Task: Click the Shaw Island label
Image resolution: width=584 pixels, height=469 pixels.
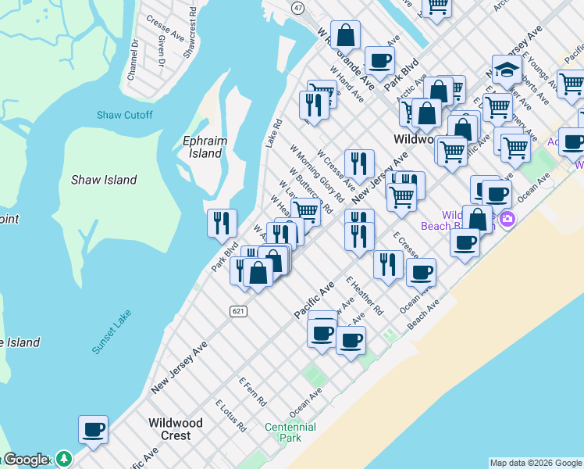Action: click(x=104, y=180)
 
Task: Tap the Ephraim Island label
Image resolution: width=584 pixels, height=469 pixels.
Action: click(x=202, y=148)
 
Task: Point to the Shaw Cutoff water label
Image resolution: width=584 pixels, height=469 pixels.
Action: click(x=125, y=115)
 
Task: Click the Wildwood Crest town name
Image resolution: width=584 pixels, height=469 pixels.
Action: click(x=176, y=429)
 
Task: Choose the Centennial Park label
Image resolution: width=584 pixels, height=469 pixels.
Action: click(x=290, y=433)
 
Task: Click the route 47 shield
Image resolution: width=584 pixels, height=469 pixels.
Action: click(x=298, y=7)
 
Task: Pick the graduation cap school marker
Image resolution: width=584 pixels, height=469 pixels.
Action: click(x=507, y=70)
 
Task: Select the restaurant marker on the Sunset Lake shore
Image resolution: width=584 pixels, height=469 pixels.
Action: click(x=222, y=223)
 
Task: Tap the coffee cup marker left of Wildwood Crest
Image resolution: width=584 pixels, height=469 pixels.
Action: click(x=93, y=428)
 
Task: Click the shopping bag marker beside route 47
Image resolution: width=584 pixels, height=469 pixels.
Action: click(x=345, y=35)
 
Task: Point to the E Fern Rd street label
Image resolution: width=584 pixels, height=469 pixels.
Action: click(x=253, y=392)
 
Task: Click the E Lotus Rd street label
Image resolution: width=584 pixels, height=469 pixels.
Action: click(x=230, y=415)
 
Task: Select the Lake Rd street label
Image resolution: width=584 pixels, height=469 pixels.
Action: click(x=272, y=134)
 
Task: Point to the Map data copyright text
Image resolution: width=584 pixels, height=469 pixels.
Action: click(x=536, y=463)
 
